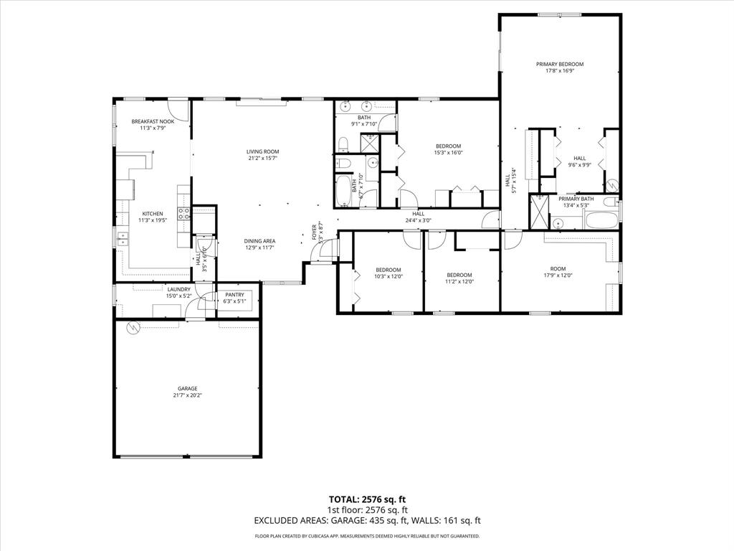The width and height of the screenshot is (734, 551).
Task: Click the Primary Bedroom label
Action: tap(560, 64)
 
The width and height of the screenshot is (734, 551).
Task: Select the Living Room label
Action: tap(262, 151)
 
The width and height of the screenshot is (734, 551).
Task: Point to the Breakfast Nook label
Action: tap(152, 121)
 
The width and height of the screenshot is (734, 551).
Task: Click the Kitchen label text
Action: tap(152, 213)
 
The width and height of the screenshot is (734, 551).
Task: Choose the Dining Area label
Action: tap(259, 241)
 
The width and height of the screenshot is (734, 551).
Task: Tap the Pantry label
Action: tap(234, 294)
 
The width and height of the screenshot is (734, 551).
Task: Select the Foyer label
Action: tap(314, 231)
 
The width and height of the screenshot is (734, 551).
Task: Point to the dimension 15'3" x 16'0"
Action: tap(448, 152)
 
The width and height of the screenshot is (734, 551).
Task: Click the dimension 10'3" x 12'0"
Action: tap(389, 276)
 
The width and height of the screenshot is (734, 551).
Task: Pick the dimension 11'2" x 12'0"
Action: tap(459, 281)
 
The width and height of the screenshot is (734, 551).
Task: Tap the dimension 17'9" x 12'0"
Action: tap(558, 275)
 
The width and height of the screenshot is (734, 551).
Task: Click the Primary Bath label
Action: tap(576, 199)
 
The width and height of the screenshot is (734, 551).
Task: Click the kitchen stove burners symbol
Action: tap(184, 213)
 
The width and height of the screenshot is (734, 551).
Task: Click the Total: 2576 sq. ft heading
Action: tap(367, 499)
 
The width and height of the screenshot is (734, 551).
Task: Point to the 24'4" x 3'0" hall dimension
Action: tap(419, 220)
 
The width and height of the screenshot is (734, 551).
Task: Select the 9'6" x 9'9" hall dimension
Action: tap(579, 165)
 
